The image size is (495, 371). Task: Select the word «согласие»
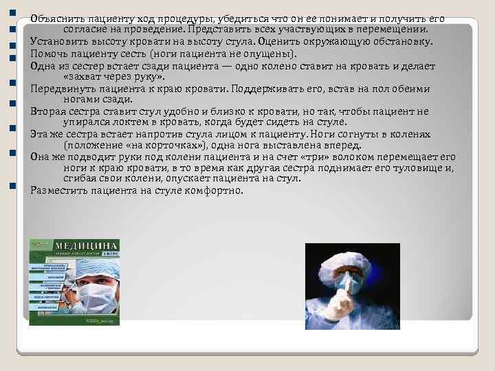(x=86, y=30)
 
